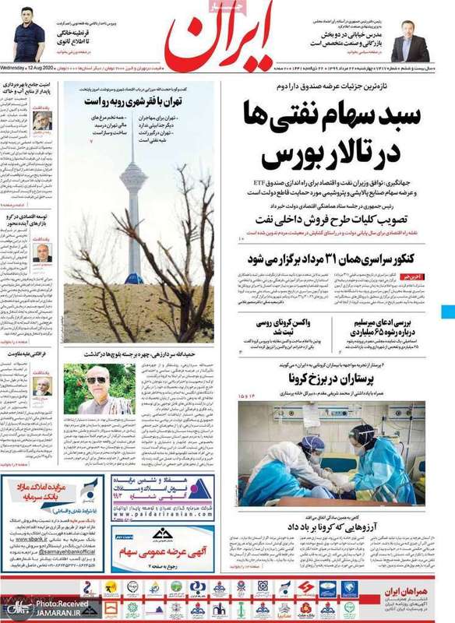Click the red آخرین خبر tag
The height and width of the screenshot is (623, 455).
coord(412,276)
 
